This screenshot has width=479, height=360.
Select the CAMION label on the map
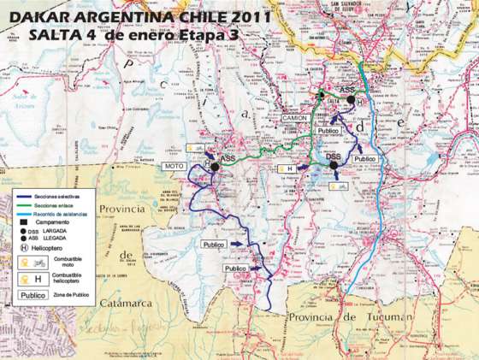click(298, 117)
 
